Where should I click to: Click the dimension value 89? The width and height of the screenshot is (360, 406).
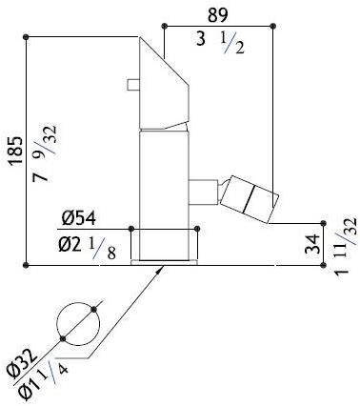pos(218,14)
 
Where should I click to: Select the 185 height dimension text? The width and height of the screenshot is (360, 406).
pos(16,151)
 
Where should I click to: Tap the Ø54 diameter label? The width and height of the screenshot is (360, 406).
pos(78,219)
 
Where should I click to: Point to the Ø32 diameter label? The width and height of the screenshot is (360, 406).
pos(23,363)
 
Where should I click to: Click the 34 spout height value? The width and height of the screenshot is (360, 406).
pos(312,244)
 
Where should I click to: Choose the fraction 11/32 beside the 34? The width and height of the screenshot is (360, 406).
pos(349,231)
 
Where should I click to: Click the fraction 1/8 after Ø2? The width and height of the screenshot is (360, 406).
pos(102,249)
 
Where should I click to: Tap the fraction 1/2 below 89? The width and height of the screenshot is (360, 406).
pos(232,44)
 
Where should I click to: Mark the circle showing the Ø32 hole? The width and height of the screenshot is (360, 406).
pos(78,324)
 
